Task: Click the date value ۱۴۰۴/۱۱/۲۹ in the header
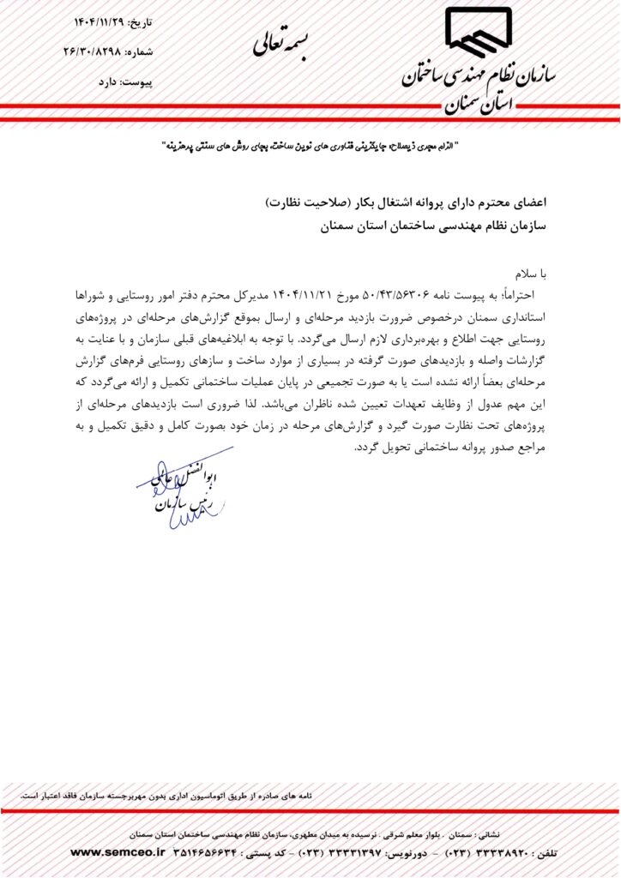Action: [94, 21]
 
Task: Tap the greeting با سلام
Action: [530, 274]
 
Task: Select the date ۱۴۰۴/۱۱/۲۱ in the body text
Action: [310, 295]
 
